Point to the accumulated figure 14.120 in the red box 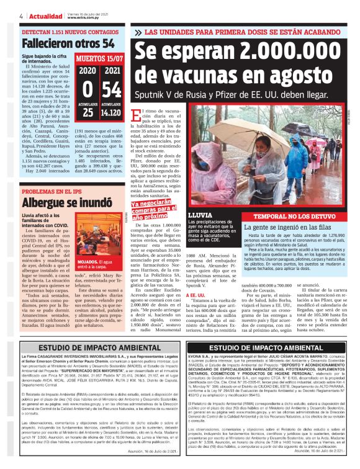(x=111, y=113)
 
